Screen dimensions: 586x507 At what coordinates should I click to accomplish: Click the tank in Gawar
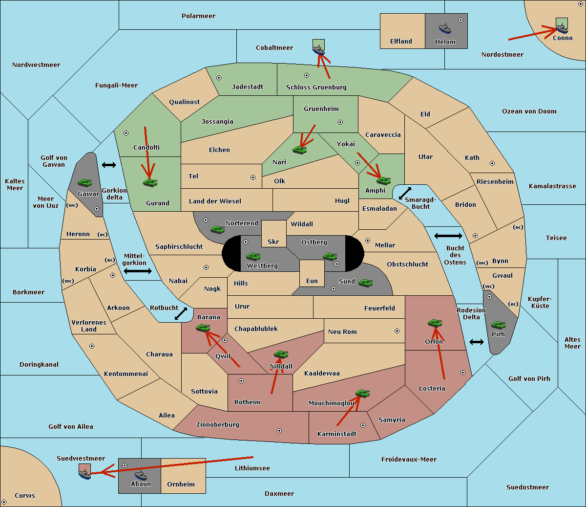click(x=84, y=182)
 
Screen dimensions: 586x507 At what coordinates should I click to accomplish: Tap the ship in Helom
click(x=445, y=28)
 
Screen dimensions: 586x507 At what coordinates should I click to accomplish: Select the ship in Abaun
click(x=141, y=475)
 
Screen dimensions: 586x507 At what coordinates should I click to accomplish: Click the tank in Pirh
click(x=498, y=325)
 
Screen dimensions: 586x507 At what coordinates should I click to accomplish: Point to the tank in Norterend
click(x=217, y=229)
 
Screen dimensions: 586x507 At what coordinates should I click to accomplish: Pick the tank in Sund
click(x=365, y=283)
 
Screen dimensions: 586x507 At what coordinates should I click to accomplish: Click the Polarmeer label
click(x=198, y=16)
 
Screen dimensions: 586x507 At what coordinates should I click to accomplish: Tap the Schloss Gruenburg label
click(x=316, y=87)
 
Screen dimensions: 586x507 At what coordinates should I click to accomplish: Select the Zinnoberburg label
click(x=218, y=425)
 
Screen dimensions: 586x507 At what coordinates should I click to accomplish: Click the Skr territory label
click(x=273, y=242)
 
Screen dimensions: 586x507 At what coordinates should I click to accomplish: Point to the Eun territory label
click(x=312, y=281)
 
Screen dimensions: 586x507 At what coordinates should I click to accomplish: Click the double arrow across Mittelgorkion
click(x=138, y=271)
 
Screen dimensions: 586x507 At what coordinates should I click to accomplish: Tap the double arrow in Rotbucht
click(x=181, y=314)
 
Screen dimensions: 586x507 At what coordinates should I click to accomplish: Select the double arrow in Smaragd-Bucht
click(x=405, y=193)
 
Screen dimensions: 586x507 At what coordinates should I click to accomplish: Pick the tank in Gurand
click(x=150, y=182)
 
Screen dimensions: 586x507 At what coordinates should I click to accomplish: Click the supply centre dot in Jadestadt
click(x=219, y=78)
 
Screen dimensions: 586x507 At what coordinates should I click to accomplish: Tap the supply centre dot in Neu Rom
click(x=397, y=331)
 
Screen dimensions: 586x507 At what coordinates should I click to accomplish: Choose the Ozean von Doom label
click(x=529, y=111)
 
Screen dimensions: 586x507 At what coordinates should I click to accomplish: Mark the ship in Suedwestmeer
click(x=84, y=474)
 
